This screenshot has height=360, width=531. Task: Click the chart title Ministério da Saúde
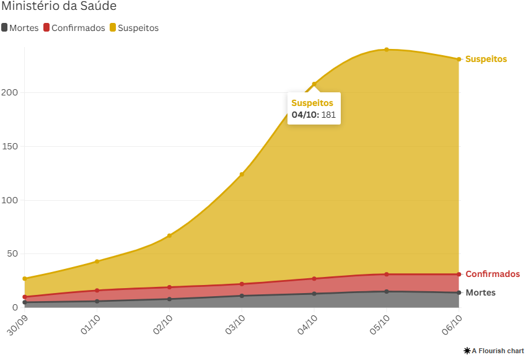(59, 6)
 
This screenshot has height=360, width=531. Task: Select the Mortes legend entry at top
(20, 28)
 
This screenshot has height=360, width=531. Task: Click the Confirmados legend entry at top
(74, 28)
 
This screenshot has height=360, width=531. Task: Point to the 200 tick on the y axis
(10, 93)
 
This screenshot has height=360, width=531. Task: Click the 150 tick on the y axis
(10, 147)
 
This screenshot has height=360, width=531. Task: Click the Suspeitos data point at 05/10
(387, 50)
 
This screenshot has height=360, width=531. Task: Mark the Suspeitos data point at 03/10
(242, 174)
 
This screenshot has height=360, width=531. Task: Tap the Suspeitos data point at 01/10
(97, 261)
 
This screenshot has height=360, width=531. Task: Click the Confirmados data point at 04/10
(314, 279)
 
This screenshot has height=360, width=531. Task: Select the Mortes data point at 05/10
(387, 292)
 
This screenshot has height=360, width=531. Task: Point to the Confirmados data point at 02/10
(169, 288)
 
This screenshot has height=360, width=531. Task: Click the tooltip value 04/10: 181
(314, 115)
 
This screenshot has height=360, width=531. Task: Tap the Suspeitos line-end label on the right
(486, 59)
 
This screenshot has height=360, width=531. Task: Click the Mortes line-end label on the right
(480, 292)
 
